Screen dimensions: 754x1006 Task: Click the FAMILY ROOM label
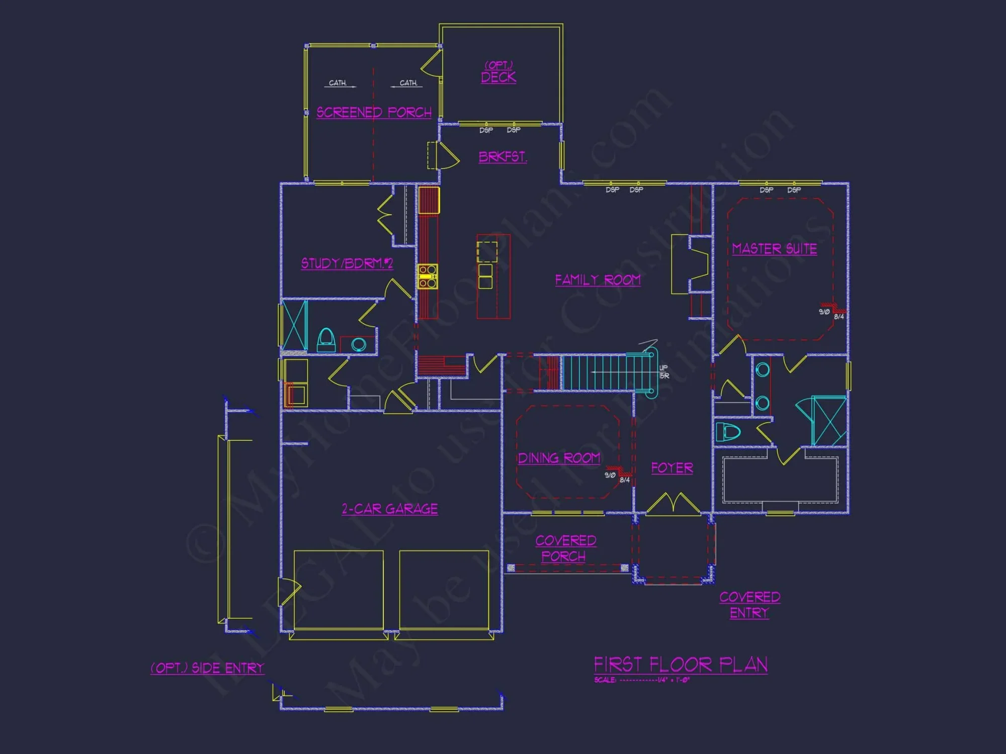(598, 280)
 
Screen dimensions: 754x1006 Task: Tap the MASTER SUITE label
(774, 249)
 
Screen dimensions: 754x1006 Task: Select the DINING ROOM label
(559, 458)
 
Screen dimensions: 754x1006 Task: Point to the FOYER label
(672, 468)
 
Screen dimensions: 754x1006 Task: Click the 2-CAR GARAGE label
(390, 509)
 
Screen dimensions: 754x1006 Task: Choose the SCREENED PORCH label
(374, 112)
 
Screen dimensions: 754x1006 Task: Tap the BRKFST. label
(502, 157)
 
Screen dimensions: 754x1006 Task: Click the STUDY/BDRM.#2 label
(347, 263)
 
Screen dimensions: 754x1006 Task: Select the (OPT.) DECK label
(498, 72)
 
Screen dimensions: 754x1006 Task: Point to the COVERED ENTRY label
(749, 605)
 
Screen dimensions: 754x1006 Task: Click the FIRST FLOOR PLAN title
(681, 665)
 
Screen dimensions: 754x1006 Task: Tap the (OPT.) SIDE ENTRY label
(207, 668)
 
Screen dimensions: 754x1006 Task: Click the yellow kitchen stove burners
(428, 276)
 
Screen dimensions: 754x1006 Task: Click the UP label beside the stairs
(663, 368)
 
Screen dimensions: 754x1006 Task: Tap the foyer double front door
(673, 504)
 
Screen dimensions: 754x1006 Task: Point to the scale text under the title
(642, 680)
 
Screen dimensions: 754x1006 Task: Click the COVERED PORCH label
(565, 548)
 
